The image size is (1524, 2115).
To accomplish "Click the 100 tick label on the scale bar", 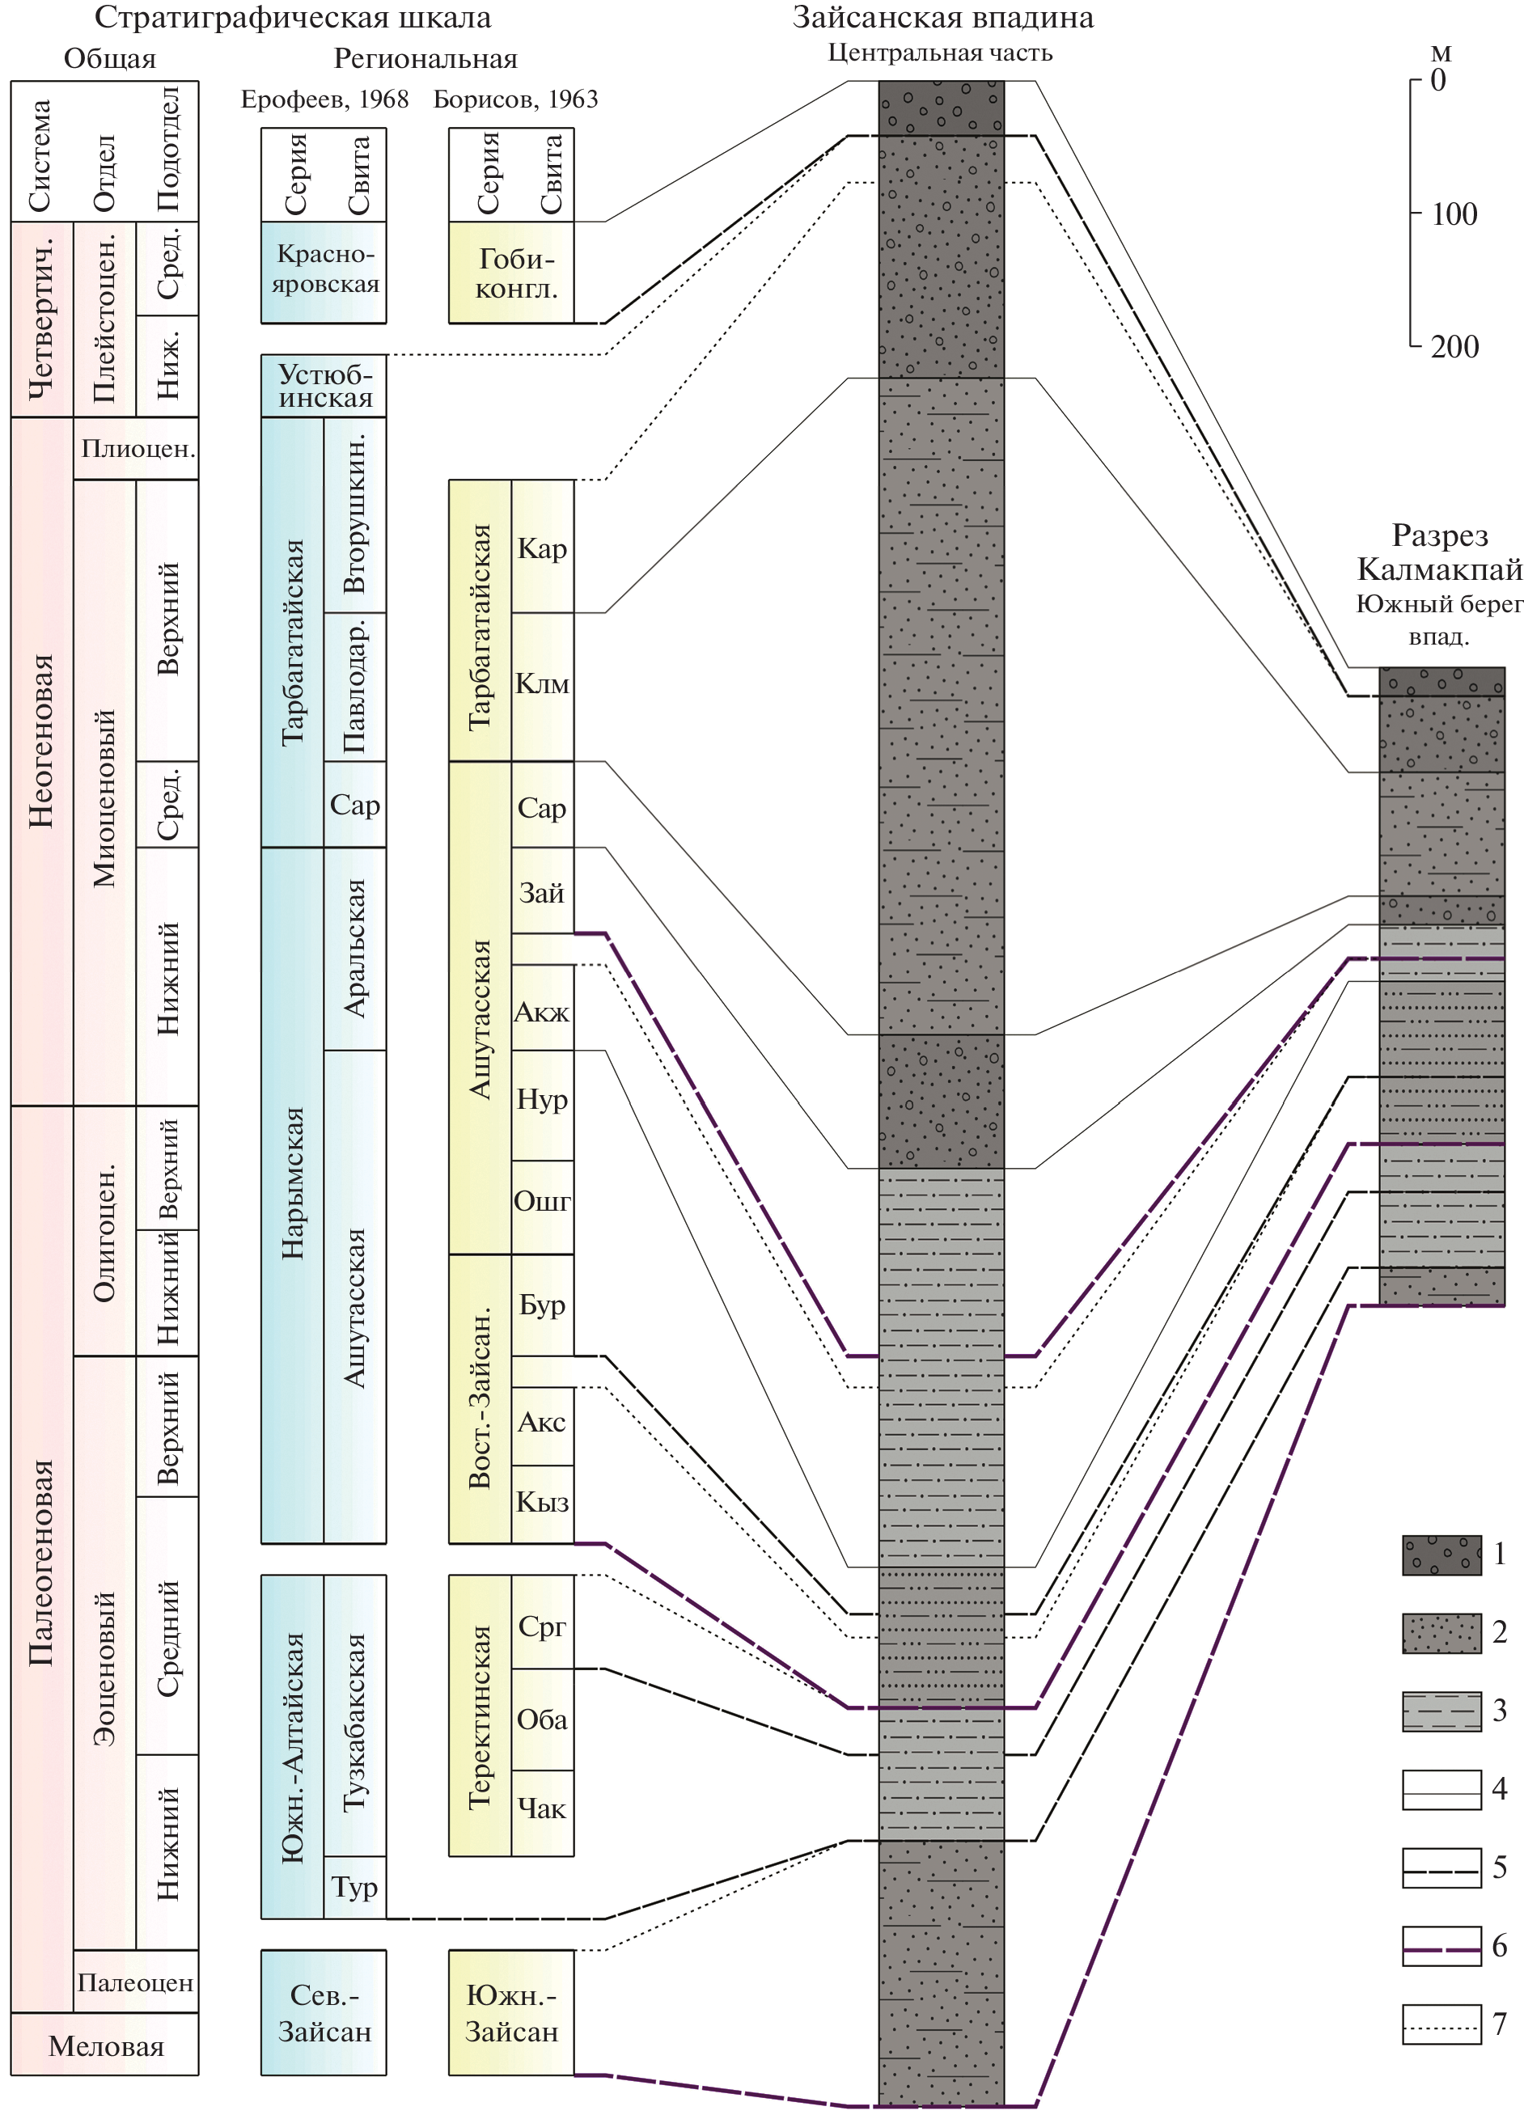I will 1454,214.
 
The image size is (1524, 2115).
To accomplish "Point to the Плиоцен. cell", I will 136,449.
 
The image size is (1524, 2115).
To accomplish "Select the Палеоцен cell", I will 135,1982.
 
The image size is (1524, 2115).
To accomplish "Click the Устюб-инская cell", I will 324,386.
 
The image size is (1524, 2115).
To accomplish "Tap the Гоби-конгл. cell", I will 511,273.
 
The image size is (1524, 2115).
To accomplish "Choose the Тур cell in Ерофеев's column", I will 354,1888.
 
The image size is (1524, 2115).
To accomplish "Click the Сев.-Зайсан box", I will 324,2013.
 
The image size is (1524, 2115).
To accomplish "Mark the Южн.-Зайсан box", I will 511,2013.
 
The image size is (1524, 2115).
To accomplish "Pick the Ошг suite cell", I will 542,1202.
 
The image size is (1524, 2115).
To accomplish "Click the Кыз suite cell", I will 542,1502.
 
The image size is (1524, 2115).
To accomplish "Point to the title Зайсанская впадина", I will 943,18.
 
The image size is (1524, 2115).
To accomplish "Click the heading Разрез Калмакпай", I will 1439,552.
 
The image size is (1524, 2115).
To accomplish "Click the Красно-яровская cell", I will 324,270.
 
